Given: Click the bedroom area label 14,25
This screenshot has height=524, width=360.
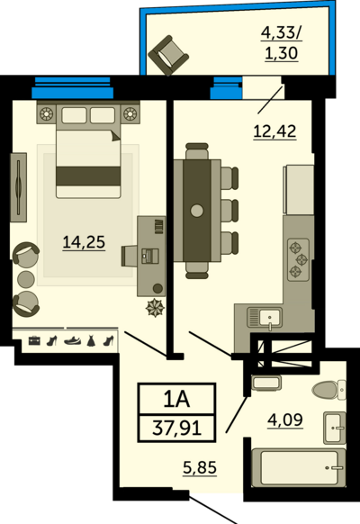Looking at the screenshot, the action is tap(84, 241).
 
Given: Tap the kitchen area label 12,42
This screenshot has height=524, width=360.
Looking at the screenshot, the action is tap(274, 131).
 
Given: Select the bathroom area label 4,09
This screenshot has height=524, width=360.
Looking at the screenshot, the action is tap(285, 420).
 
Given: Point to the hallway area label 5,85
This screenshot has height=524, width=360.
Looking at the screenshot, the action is tap(200, 467).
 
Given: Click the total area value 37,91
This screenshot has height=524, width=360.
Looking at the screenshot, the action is tap(177, 428).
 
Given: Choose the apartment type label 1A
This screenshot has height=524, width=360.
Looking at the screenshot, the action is tap(176, 399).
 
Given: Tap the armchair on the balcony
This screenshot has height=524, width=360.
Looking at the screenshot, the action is tap(168, 56).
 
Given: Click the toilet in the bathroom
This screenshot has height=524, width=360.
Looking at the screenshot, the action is tap(329, 390).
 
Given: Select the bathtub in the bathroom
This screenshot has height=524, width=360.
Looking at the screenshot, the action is tap(299, 467).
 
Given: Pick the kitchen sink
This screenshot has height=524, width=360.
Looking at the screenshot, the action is tap(265, 318).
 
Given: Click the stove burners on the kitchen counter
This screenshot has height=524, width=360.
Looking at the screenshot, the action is tap(298, 259).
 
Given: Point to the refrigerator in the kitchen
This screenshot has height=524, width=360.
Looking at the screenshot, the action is tap(299, 189).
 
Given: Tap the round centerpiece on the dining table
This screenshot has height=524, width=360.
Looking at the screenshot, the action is tap(197, 211).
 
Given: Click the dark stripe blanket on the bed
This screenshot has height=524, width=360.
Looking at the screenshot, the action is tap(88, 176).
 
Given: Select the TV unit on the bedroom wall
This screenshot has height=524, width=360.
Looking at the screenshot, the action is tap(18, 187).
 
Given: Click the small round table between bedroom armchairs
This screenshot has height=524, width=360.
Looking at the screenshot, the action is tap(26, 279).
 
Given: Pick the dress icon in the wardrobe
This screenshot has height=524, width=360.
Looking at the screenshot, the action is tap(91, 341).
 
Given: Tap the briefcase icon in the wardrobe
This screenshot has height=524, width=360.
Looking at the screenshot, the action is tap(34, 340).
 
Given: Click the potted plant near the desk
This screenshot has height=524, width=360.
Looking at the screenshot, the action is tap(155, 307).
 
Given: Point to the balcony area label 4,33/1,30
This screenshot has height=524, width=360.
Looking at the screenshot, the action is tap(281, 43).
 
